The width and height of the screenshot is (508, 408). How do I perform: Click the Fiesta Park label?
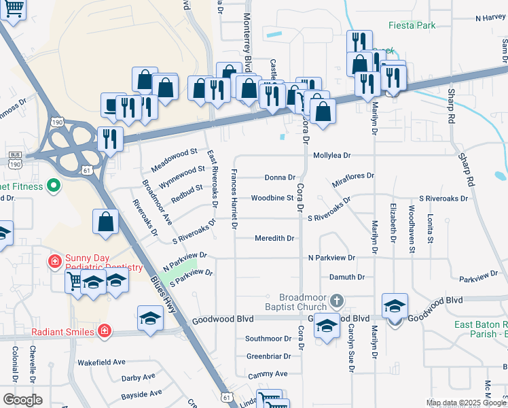pyautogui.click(x=411, y=25)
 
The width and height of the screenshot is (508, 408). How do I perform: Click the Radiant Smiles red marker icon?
pyautogui.click(x=104, y=332)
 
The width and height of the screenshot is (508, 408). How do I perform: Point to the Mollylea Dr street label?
pyautogui.click(x=331, y=155)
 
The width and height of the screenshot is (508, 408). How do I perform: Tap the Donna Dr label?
pyautogui.click(x=280, y=177)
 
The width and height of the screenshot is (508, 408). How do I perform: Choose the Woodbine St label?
pyautogui.click(x=272, y=198)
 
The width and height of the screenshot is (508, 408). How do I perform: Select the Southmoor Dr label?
pyautogui.click(x=268, y=338)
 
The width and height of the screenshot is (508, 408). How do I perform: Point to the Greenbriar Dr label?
pyautogui.click(x=268, y=356)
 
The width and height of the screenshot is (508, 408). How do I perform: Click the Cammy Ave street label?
pyautogui.click(x=268, y=373)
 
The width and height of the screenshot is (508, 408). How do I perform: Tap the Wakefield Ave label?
pyautogui.click(x=101, y=362)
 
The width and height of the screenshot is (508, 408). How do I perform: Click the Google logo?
pyautogui.click(x=22, y=400)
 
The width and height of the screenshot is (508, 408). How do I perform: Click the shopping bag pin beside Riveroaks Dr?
pyautogui.click(x=105, y=222)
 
